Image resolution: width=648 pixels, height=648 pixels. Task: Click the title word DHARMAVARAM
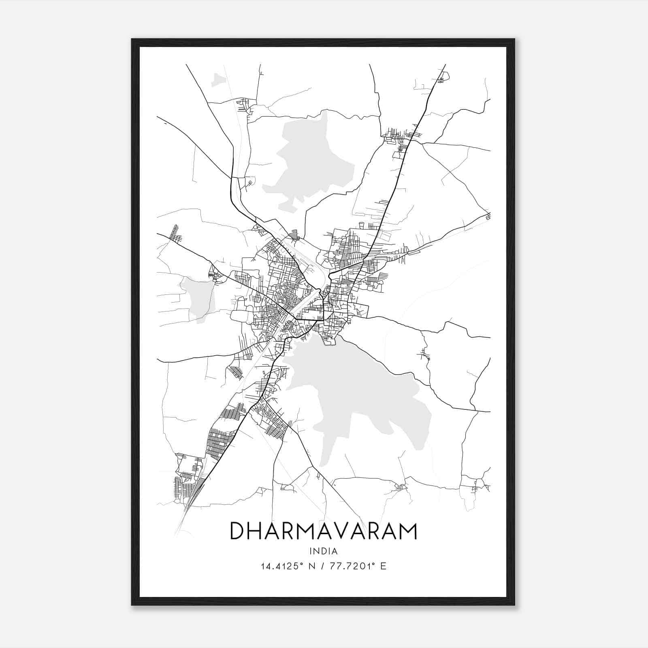(x=323, y=531)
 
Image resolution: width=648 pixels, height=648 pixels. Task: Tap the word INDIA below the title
(x=323, y=551)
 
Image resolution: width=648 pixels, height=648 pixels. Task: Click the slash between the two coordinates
(x=322, y=566)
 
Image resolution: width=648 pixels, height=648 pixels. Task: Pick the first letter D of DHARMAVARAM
(x=237, y=531)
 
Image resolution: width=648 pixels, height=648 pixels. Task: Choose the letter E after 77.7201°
(x=383, y=566)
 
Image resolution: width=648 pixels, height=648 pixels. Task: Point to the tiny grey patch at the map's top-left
(x=218, y=80)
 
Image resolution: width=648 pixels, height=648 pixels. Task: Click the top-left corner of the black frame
(x=132, y=39)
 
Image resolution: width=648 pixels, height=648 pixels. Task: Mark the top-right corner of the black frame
(x=514, y=39)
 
